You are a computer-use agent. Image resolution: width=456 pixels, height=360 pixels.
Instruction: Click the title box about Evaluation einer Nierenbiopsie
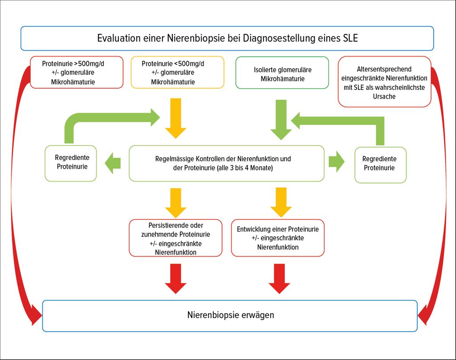click(227, 38)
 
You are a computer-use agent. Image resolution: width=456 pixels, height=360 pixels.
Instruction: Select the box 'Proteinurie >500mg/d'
click(76, 72)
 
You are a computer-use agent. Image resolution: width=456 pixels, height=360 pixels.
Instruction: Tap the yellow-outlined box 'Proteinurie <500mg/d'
click(177, 72)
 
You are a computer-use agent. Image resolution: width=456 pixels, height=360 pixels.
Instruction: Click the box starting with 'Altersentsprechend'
click(385, 82)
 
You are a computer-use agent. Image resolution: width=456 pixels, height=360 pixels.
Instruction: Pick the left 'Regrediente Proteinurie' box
click(71, 163)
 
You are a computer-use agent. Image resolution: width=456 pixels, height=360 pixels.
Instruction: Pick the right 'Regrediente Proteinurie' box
click(380, 164)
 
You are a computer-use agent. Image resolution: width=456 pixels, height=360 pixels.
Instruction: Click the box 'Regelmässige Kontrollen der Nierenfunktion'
click(226, 163)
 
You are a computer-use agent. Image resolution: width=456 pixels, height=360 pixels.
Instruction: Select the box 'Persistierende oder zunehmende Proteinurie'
click(175, 238)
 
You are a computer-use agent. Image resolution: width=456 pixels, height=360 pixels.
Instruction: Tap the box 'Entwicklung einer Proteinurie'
click(277, 238)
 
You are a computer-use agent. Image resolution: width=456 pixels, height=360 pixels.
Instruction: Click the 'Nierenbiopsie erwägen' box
click(230, 316)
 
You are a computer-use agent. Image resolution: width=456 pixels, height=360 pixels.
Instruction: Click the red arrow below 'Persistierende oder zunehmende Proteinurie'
click(176, 278)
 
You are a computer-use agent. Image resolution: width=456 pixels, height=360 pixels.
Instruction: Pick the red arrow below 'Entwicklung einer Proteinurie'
click(279, 278)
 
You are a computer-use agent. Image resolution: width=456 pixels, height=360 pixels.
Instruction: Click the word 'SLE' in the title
click(350, 38)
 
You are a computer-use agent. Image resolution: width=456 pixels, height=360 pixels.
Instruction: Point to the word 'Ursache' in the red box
click(385, 96)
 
